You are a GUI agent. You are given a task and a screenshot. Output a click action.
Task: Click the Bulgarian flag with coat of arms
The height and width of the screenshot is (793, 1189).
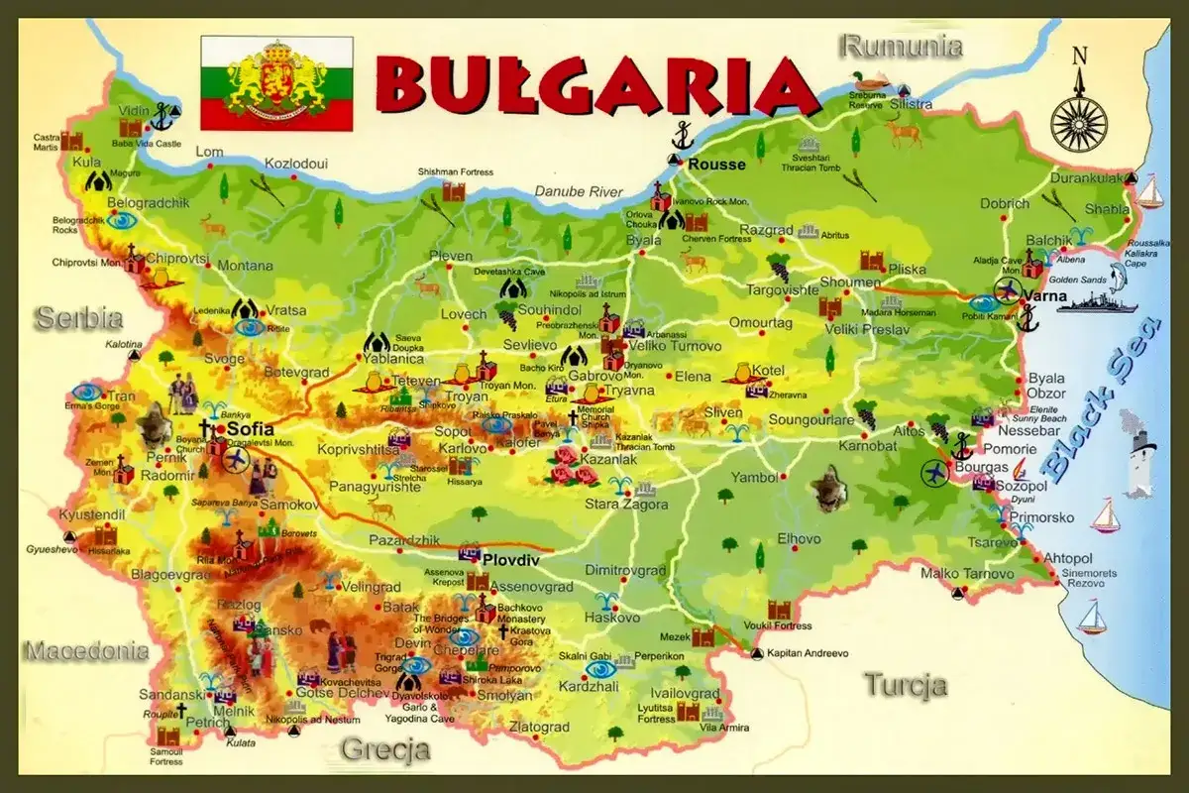coord(276,83)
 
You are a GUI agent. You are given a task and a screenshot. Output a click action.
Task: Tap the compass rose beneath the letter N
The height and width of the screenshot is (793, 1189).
coord(1079,121)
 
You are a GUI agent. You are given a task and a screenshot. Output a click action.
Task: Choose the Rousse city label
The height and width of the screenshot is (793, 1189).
coord(715,165)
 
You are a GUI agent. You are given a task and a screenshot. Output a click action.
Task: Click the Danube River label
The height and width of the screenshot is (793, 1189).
coord(579,191)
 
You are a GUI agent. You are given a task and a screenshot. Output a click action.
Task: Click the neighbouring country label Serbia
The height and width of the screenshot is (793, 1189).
coord(78,319)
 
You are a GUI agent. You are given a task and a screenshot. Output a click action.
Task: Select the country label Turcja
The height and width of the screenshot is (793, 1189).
coord(905,685)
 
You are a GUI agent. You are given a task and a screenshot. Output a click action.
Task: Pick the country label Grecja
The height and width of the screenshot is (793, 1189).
coord(385,749)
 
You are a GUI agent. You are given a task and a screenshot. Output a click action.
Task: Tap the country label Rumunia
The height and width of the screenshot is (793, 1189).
coord(901,46)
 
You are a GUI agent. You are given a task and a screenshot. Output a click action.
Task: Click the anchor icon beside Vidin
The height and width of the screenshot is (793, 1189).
coord(162,115)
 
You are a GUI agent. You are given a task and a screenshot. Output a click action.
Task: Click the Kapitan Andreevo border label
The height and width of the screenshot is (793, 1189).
coord(808,653)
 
